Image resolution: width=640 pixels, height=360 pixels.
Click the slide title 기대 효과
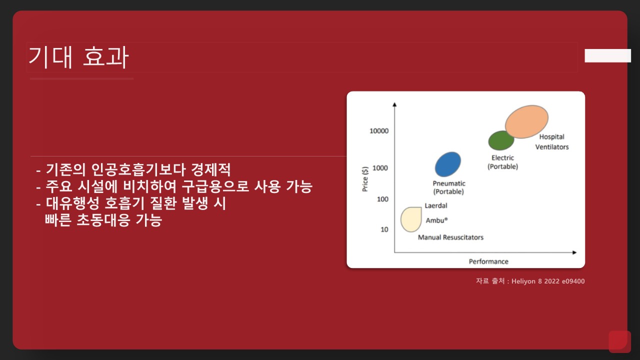[78, 57]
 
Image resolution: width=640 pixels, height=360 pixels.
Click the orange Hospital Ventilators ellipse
[526, 121]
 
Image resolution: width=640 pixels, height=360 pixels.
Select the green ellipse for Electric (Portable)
[500, 140]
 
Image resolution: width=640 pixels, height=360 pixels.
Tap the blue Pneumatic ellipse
[447, 164]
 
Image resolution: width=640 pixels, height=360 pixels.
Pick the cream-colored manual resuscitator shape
[411, 219]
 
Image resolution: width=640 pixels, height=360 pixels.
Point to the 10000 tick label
[379, 131]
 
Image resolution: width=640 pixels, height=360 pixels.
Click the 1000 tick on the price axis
[380, 168]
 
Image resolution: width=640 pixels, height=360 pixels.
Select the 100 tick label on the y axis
[382, 199]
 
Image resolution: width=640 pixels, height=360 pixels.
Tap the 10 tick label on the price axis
[384, 229]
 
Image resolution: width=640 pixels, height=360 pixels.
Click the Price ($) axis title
[365, 179]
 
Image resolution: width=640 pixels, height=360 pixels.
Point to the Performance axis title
[488, 261]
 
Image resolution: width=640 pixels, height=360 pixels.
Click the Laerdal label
[436, 205]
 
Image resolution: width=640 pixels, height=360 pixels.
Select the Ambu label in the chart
[436, 220]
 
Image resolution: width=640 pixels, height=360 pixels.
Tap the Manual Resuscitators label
[450, 237]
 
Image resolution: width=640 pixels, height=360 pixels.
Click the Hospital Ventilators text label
[552, 141]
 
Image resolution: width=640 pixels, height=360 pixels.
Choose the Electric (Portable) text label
[502, 162]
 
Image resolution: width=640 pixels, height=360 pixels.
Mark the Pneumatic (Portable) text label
[449, 187]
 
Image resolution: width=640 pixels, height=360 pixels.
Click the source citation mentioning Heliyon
[530, 281]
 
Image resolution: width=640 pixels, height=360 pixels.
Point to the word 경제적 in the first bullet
[210, 169]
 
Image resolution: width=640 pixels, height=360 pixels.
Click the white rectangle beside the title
[607, 55]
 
